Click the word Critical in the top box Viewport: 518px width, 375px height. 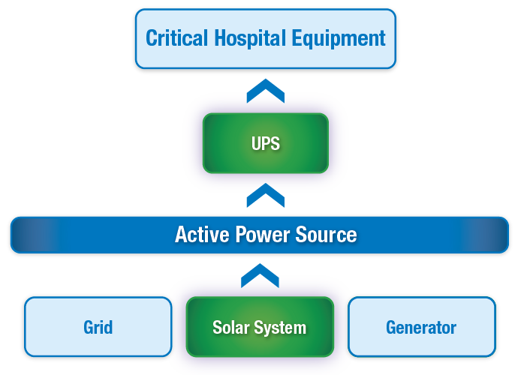coord(174,37)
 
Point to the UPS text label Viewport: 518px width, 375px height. coord(266,142)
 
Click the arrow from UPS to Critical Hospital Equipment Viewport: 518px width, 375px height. coord(266,91)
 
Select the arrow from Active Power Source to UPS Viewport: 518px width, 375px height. coord(266,196)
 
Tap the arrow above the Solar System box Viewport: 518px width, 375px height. coord(260,275)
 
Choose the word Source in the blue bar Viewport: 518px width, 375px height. coord(327,235)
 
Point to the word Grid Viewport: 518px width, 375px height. coord(98,328)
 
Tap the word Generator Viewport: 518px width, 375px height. coord(421,328)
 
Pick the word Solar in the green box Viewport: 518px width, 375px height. coord(230,328)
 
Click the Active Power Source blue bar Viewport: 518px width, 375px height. coord(90,235)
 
